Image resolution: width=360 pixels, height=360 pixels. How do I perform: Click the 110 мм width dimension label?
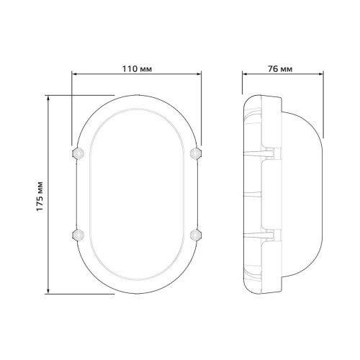(137, 69)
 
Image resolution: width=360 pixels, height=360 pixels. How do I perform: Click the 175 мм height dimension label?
(40, 197)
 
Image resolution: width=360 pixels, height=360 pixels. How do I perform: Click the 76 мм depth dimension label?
(280, 69)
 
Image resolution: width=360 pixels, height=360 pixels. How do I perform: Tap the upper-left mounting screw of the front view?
(78, 153)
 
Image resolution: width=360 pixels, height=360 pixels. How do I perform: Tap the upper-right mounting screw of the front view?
(196, 153)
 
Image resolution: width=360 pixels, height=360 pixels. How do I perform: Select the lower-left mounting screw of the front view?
(78, 235)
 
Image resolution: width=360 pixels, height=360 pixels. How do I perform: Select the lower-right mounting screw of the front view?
(196, 235)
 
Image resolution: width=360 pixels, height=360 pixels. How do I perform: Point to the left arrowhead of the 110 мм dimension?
(74, 74)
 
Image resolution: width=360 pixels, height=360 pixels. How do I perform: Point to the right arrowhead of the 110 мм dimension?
(199, 74)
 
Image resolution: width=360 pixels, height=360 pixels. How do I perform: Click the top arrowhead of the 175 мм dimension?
(48, 98)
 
